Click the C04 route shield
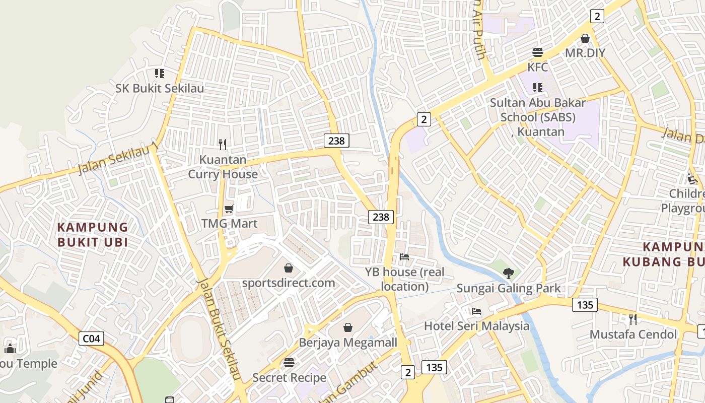[91, 339]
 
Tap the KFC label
[537, 67]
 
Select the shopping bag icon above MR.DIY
[585, 38]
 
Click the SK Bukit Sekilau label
[160, 89]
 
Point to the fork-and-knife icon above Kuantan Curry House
[223, 145]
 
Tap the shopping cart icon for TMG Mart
[229, 209]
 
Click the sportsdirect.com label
[289, 283]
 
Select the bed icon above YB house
[404, 257]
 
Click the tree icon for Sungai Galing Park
[509, 273]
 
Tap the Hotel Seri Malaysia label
[477, 326]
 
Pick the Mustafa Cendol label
[633, 334]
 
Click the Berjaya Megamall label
[348, 343]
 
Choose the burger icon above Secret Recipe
[289, 363]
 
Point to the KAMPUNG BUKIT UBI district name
[93, 234]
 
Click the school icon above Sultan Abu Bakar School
[538, 88]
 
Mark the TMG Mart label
[229, 223]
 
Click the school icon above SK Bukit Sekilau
[160, 74]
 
